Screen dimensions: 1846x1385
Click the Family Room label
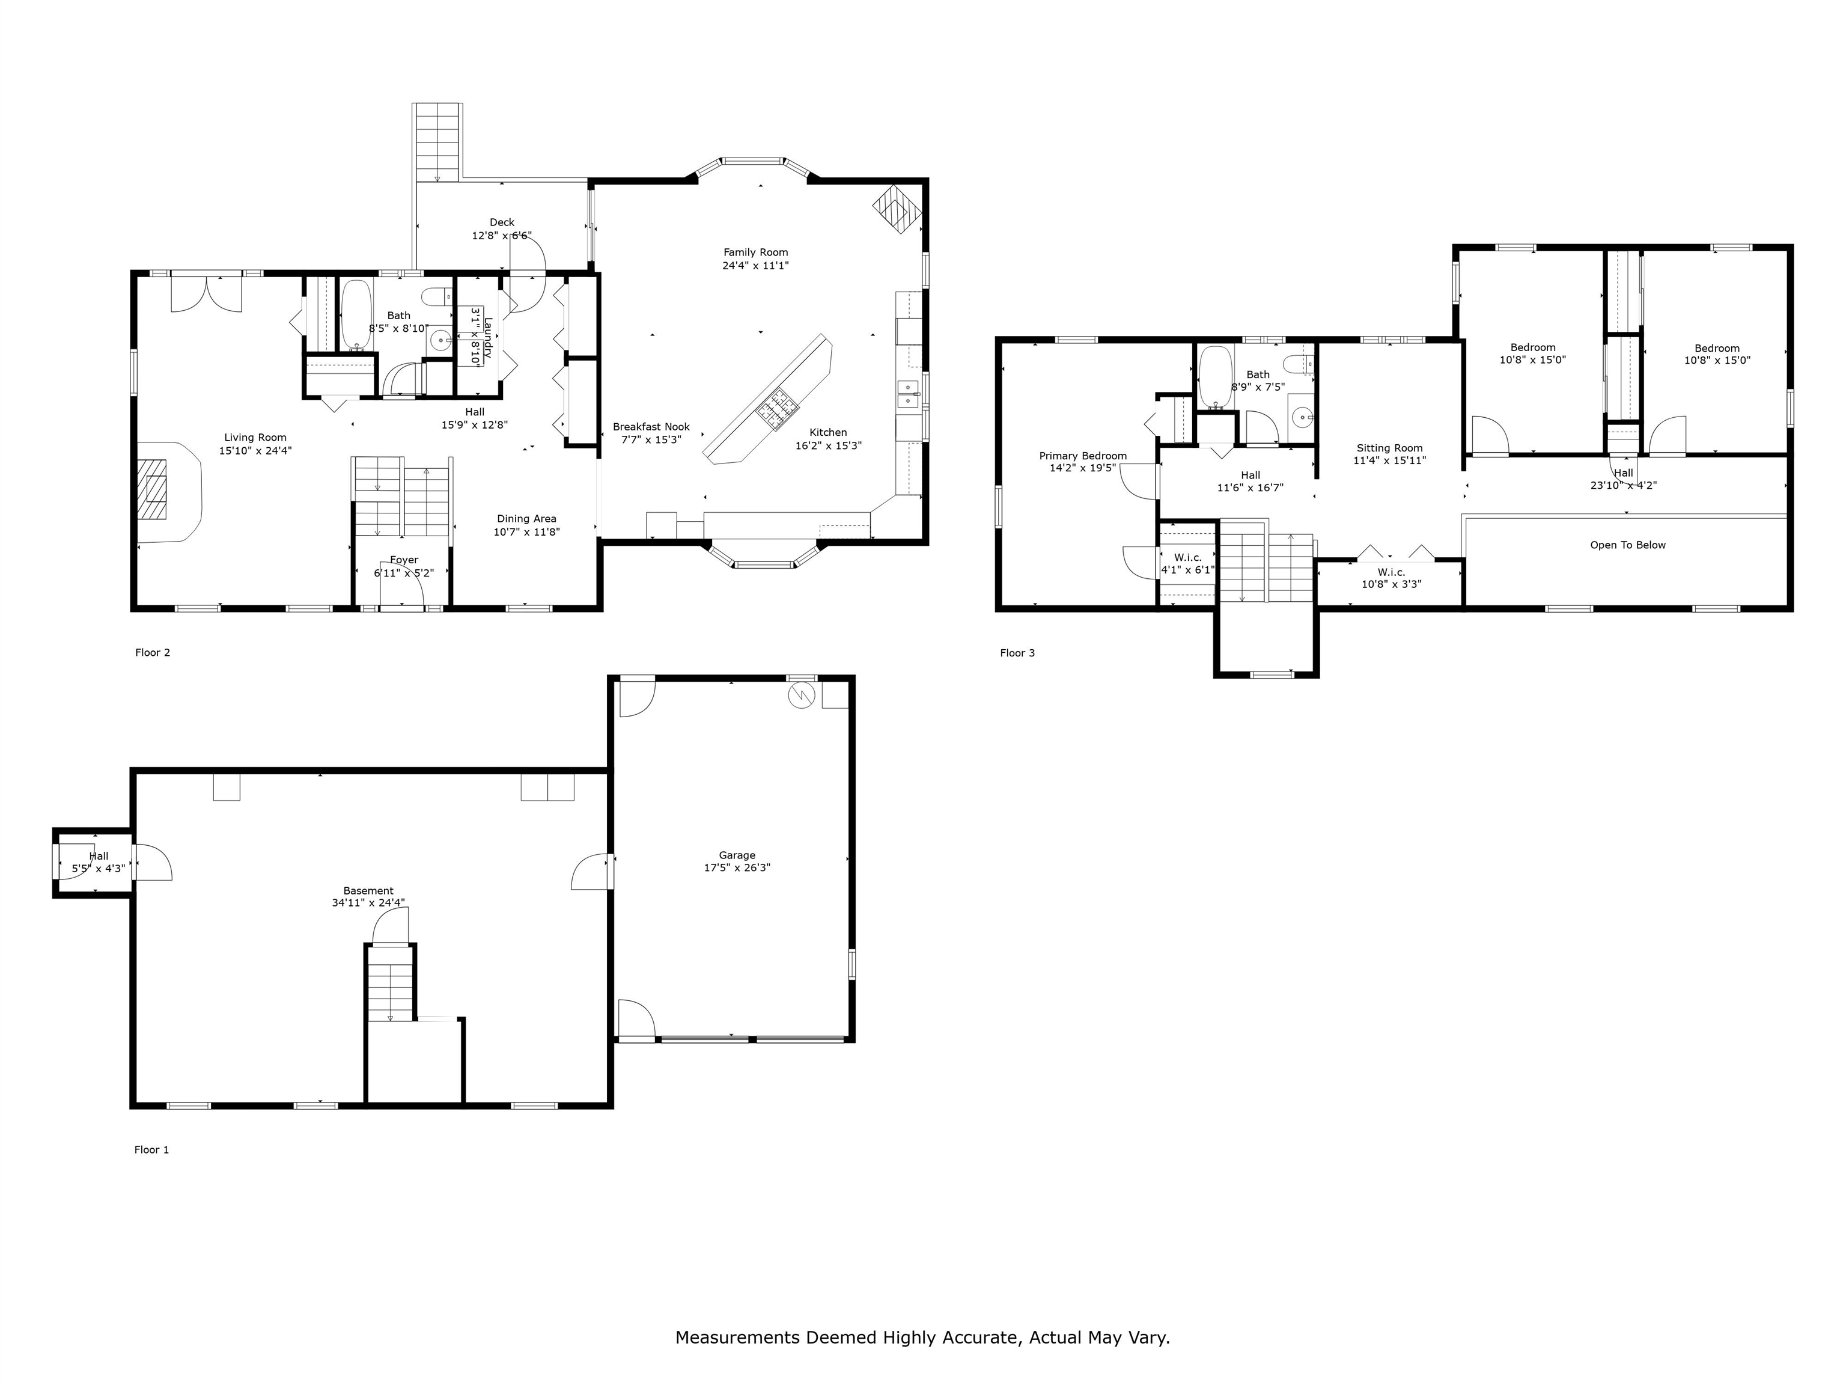755,252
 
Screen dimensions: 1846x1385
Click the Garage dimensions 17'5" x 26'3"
737,867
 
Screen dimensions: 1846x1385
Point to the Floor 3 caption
1017,653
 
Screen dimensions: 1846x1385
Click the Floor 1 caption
152,1149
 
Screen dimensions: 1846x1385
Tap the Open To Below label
1627,545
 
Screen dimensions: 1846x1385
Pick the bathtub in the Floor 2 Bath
356,314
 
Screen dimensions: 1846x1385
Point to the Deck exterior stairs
437,142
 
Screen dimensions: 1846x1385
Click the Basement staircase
391,983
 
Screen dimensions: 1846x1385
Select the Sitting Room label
1389,448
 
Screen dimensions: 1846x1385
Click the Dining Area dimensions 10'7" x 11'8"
526,532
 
